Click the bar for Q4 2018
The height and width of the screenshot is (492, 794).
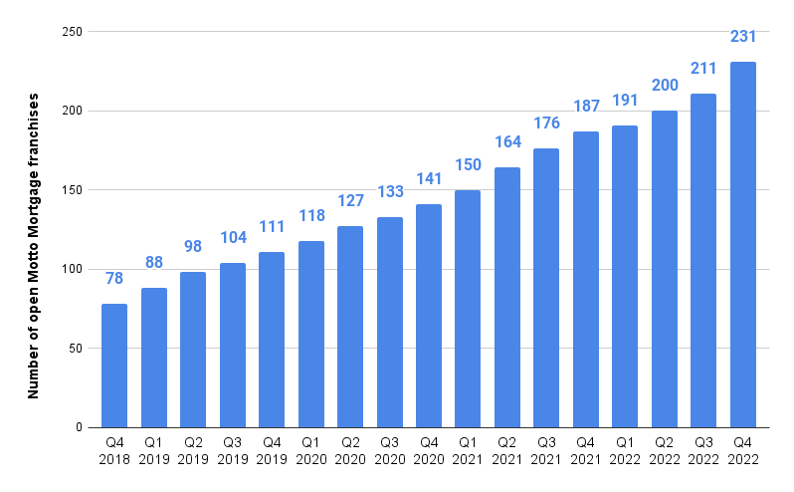(x=114, y=366)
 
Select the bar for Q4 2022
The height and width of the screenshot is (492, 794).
(x=743, y=245)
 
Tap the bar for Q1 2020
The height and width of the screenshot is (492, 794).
(x=310, y=334)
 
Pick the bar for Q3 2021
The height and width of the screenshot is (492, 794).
(x=546, y=288)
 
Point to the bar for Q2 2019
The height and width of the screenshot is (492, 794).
(x=193, y=350)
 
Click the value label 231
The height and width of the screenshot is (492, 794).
(x=743, y=37)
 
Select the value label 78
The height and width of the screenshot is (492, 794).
(x=114, y=279)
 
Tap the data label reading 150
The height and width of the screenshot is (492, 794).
(x=468, y=164)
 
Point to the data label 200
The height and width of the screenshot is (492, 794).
(x=665, y=86)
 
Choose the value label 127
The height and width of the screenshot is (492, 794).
(x=350, y=201)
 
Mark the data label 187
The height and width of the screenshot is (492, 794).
(x=586, y=107)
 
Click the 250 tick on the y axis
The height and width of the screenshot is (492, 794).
(x=71, y=32)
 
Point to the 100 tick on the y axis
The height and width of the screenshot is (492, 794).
(x=71, y=270)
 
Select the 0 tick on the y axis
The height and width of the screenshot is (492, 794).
(x=78, y=428)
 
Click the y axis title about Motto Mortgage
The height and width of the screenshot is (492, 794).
(x=34, y=246)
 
